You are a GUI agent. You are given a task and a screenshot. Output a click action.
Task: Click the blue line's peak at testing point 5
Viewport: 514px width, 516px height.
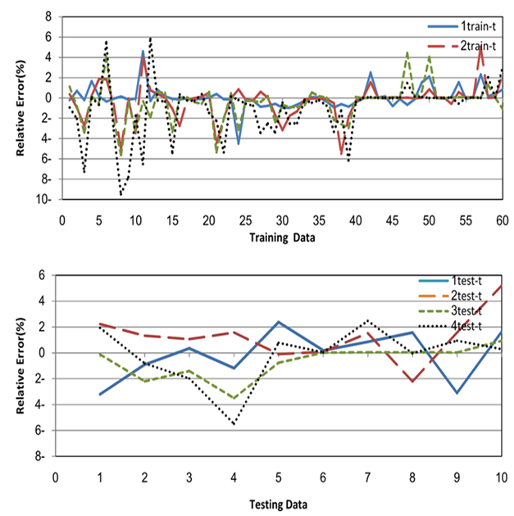279,322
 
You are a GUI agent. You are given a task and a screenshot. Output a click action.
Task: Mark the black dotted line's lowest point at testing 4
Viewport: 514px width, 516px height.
234,424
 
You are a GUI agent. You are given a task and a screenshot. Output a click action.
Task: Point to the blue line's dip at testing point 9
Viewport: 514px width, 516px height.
457,393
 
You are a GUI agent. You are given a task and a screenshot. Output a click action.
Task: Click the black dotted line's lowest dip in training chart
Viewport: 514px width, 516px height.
121,195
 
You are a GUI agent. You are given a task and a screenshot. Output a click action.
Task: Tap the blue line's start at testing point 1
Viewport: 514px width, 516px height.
100,394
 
